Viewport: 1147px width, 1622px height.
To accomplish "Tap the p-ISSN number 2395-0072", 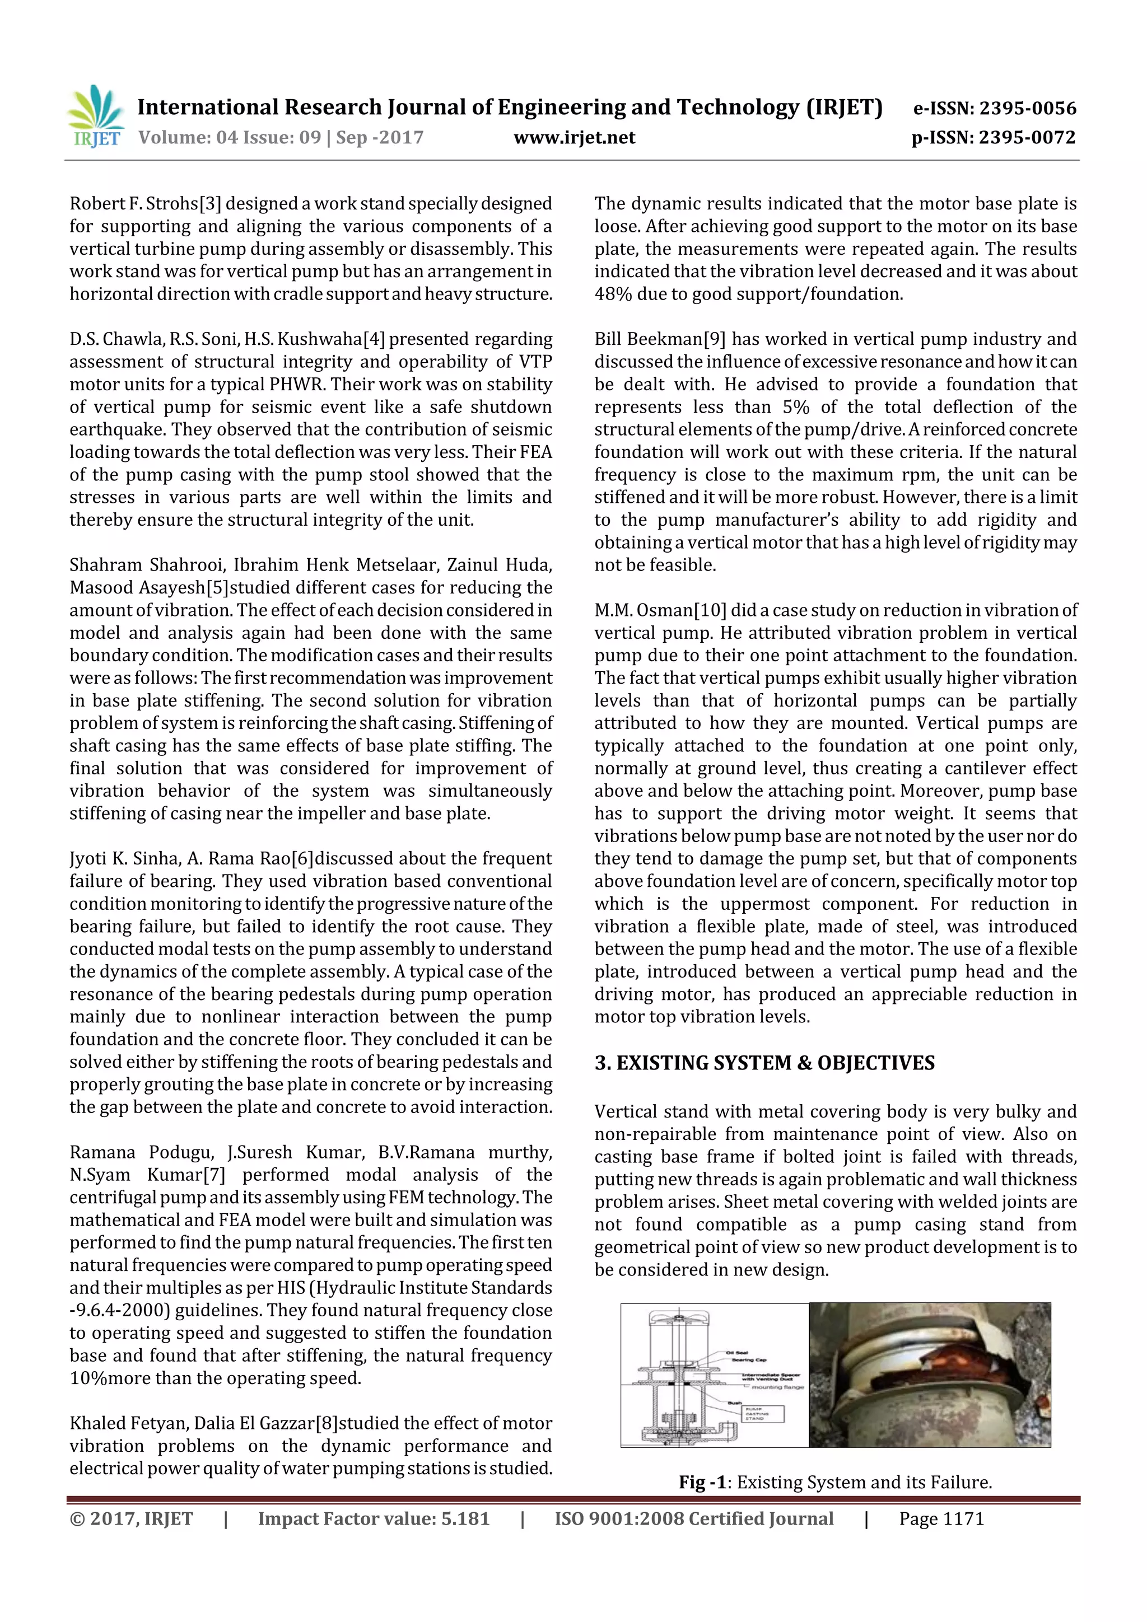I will pyautogui.click(x=1027, y=138).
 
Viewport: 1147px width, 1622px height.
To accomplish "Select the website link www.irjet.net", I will pyautogui.click(x=574, y=138).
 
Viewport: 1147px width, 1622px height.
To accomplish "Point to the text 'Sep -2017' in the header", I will pyautogui.click(x=380, y=138).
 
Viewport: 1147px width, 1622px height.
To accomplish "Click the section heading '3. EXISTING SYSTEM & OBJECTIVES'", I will pyautogui.click(x=764, y=1063).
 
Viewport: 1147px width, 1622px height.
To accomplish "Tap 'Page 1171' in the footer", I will pyautogui.click(x=941, y=1519).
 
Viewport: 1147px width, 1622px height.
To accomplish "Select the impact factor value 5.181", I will pyautogui.click(x=465, y=1519).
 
